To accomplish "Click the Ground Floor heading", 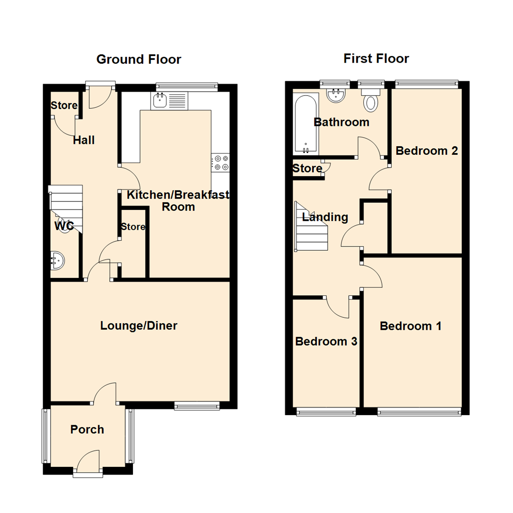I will [139, 59].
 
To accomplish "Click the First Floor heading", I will [376, 58].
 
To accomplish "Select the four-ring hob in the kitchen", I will [220, 162].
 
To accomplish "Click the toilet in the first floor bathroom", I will [370, 101].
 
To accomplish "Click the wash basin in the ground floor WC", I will [57, 261].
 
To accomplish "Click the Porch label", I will [87, 430].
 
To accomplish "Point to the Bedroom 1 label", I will [411, 326].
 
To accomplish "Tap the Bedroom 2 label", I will [427, 151].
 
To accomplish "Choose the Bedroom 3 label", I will [326, 342].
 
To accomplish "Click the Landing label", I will [325, 218].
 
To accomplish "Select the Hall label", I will [84, 141].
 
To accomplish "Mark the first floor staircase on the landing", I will [312, 228].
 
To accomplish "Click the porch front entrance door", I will [88, 463].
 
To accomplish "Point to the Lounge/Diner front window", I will [197, 405].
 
